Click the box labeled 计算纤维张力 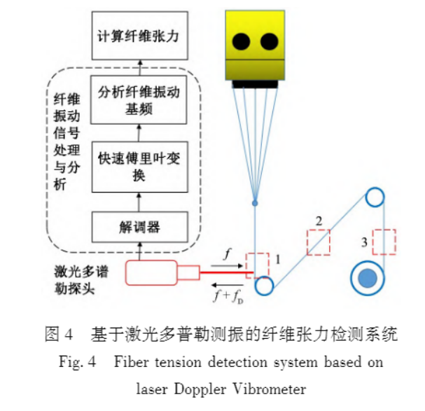point(139,36)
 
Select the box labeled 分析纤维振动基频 point(139,99)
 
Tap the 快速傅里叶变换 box point(139,167)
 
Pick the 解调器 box point(139,227)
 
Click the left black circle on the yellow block point(241,42)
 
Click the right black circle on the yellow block point(269,42)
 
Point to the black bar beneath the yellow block point(255,84)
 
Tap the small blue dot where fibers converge point(255,203)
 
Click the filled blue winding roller point(368,278)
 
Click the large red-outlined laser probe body point(151,273)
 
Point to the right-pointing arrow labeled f point(227,265)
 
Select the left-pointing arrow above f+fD point(227,285)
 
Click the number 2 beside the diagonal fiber point(319,221)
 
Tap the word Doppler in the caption point(200,389)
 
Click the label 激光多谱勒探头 point(81,280)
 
